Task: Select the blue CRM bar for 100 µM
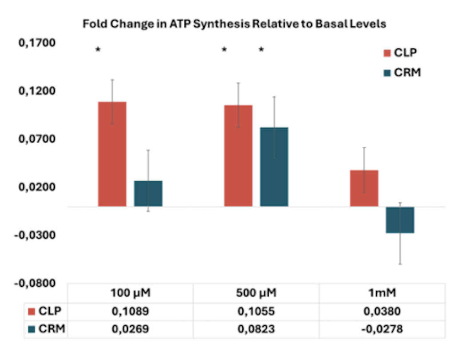point(148,194)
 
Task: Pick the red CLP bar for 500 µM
point(238,156)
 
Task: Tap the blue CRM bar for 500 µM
point(274,167)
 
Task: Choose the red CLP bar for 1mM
point(364,188)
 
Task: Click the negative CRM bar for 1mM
point(400,220)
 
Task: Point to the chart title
point(234,24)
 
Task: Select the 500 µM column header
point(256,293)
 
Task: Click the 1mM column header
point(382,293)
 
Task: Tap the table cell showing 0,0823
point(256,330)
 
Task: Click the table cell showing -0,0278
point(382,330)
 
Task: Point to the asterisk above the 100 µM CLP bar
point(98,50)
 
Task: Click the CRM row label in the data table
point(47,330)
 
